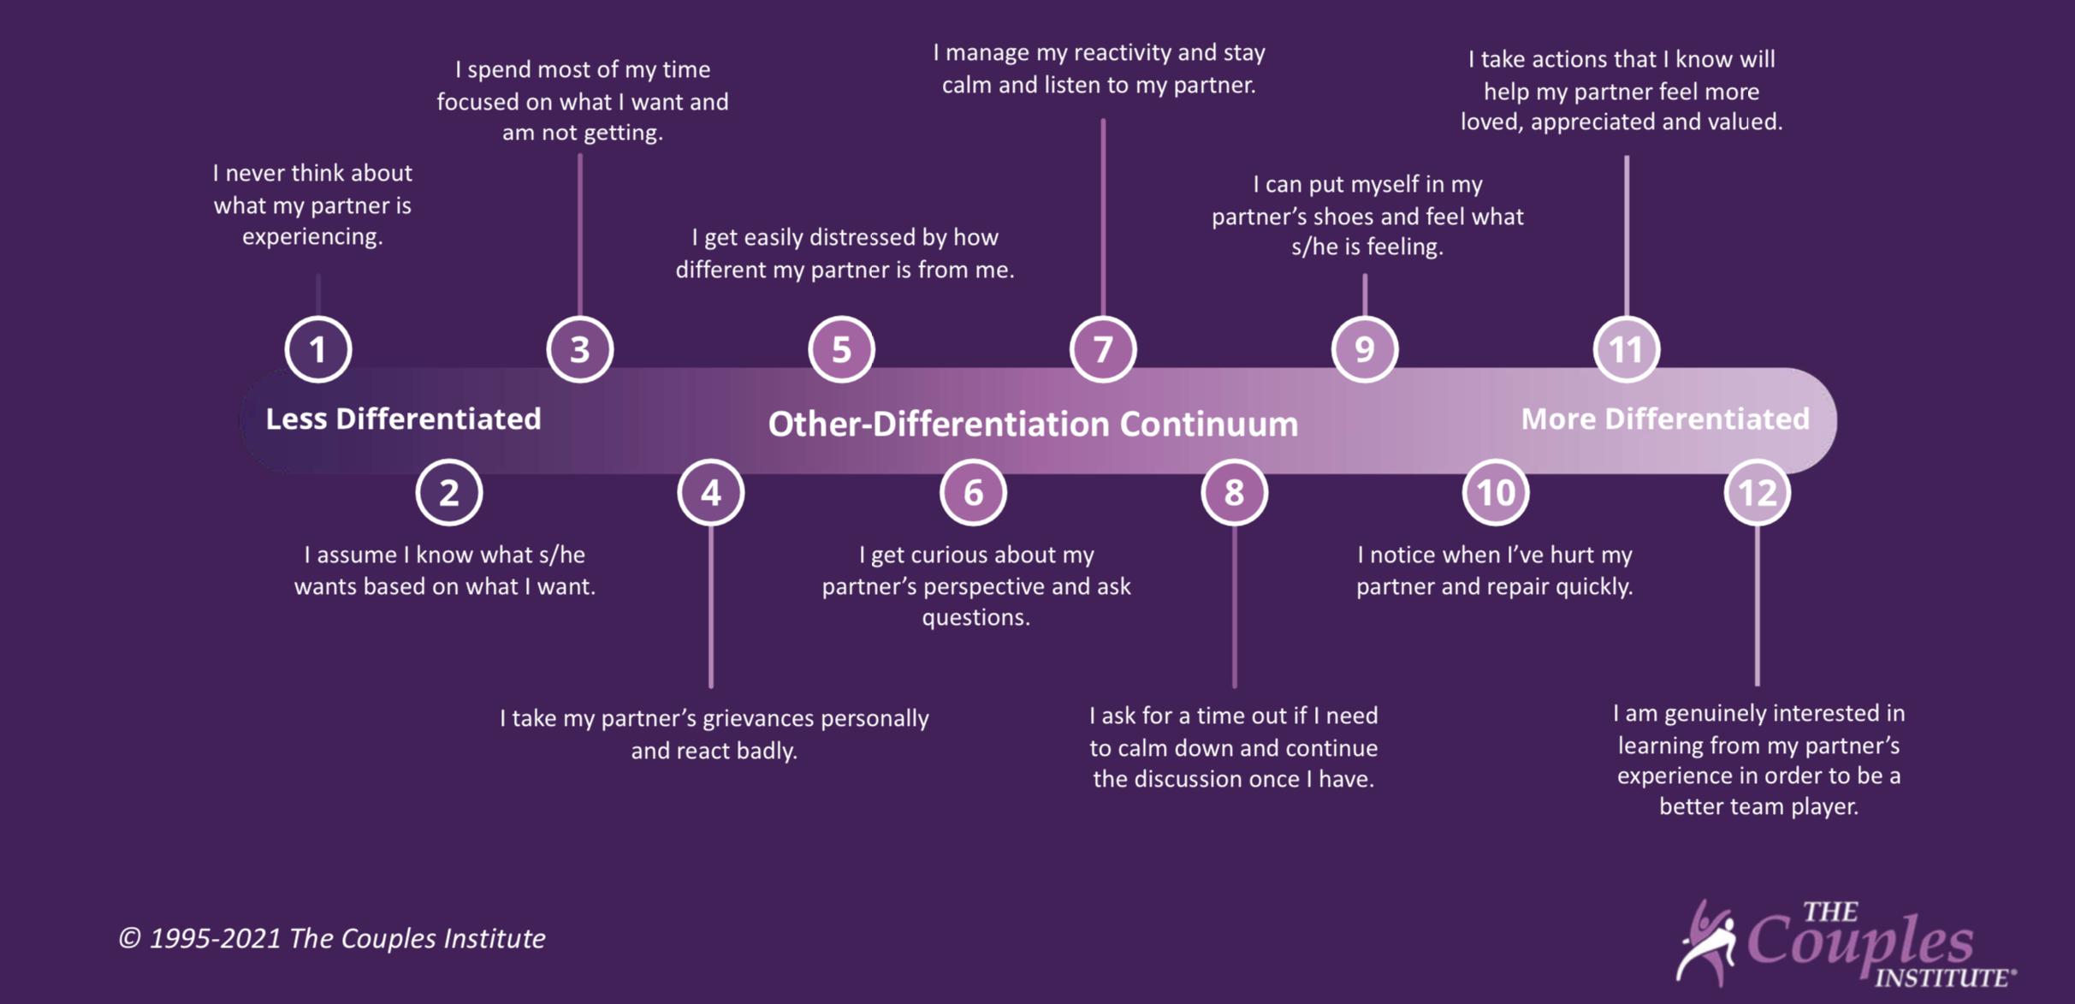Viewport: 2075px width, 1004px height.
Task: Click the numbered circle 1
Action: (x=318, y=349)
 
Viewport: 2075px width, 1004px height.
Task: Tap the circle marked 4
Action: (x=711, y=492)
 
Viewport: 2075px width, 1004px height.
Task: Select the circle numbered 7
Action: (x=1103, y=349)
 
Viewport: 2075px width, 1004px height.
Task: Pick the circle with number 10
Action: (x=1496, y=492)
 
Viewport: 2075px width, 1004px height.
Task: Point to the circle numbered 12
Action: (x=1758, y=492)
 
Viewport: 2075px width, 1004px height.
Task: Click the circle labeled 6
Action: (x=973, y=492)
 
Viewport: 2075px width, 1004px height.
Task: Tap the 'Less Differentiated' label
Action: (x=403, y=419)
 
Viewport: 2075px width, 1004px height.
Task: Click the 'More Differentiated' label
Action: (x=1665, y=419)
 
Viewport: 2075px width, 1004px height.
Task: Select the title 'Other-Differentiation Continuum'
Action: (x=1033, y=425)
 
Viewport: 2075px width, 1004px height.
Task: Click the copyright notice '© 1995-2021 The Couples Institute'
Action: (x=332, y=938)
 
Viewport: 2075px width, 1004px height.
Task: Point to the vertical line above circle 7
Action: (x=1103, y=214)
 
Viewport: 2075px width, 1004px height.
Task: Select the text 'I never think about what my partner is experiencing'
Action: (x=312, y=205)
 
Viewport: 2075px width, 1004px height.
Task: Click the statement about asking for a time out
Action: (x=1233, y=747)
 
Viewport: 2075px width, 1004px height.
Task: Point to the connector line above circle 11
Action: (x=1626, y=235)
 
